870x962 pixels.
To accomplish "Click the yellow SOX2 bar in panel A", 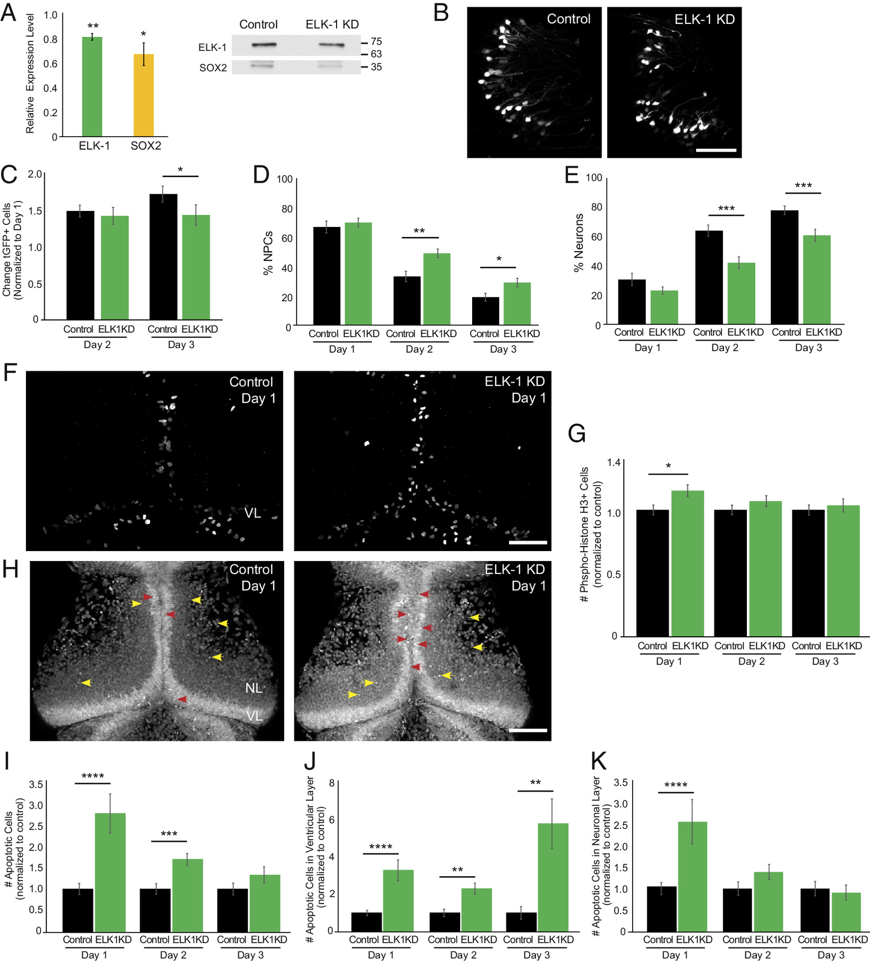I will coord(143,95).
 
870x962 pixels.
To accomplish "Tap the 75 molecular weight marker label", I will coord(376,42).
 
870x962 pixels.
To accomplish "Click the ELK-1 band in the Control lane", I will coord(264,45).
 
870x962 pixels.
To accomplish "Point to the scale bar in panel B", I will coord(716,150).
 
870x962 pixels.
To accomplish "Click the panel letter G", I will coord(577,433).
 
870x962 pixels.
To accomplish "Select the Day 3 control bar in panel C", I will coord(163,257).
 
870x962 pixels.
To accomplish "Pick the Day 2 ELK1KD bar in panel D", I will coord(436,289).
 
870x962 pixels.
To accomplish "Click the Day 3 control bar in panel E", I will coord(784,267).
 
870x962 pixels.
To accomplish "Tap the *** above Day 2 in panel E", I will coord(726,209).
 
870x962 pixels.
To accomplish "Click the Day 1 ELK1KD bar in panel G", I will coord(687,563).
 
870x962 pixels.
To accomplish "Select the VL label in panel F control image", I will coord(252,513).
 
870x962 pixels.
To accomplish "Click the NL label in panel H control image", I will coord(253,688).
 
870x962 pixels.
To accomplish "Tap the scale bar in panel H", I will coord(528,730).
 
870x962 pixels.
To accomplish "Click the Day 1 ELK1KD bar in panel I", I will coord(110,872).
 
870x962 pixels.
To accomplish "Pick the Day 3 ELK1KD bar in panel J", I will coord(553,877).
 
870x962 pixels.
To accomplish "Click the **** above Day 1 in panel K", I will coord(675,785).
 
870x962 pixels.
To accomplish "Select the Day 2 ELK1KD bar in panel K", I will coord(768,902).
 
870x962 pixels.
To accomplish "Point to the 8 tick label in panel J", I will coord(331,783).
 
